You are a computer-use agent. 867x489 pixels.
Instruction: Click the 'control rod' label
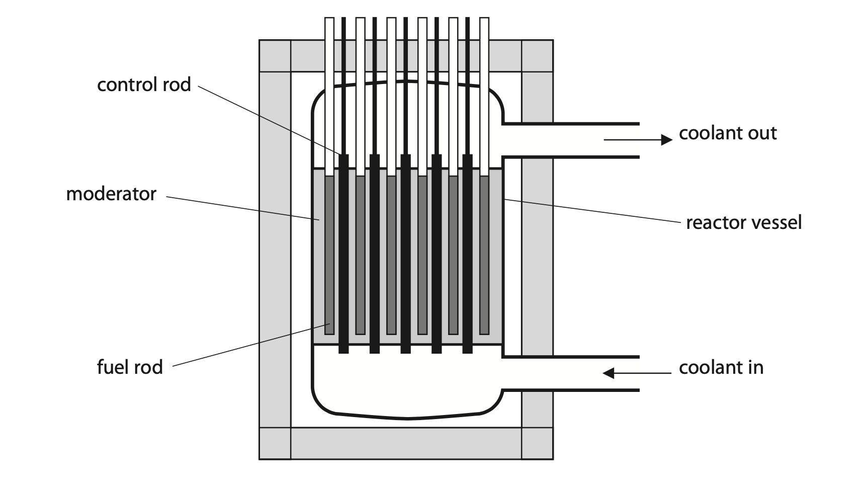tap(144, 84)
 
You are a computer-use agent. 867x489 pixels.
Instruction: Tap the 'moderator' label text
tap(111, 194)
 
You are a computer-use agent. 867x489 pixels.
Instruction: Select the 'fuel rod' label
tap(130, 367)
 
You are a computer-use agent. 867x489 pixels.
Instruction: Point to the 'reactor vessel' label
tap(744, 222)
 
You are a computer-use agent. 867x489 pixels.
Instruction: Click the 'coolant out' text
tap(728, 133)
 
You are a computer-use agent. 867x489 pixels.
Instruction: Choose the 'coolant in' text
tap(721, 367)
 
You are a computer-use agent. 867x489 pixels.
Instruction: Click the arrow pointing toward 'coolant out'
tap(638, 139)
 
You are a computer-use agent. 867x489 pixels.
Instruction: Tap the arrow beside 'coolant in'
tap(637, 373)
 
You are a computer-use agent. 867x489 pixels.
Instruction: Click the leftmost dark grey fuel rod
tap(329, 255)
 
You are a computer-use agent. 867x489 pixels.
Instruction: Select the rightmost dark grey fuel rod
tap(484, 255)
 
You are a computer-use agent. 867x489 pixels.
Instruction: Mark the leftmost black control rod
tap(343, 254)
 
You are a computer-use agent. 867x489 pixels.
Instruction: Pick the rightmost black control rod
tap(468, 254)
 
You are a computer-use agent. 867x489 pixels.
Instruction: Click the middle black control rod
tap(406, 254)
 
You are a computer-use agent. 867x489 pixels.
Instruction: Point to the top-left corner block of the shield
tap(275, 56)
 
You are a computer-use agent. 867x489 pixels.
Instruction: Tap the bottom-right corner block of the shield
tap(538, 444)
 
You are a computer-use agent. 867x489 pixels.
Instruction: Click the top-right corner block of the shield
tap(538, 56)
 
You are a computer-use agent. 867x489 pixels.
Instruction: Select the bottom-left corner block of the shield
tap(275, 444)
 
